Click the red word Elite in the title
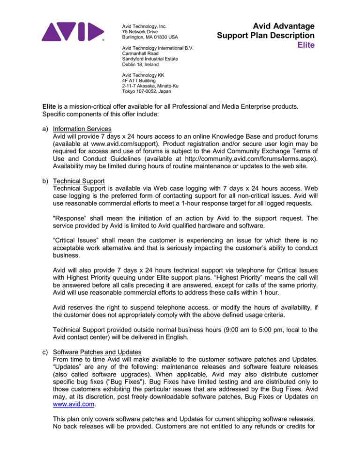tap(302, 45)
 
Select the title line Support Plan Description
tap(265, 35)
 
